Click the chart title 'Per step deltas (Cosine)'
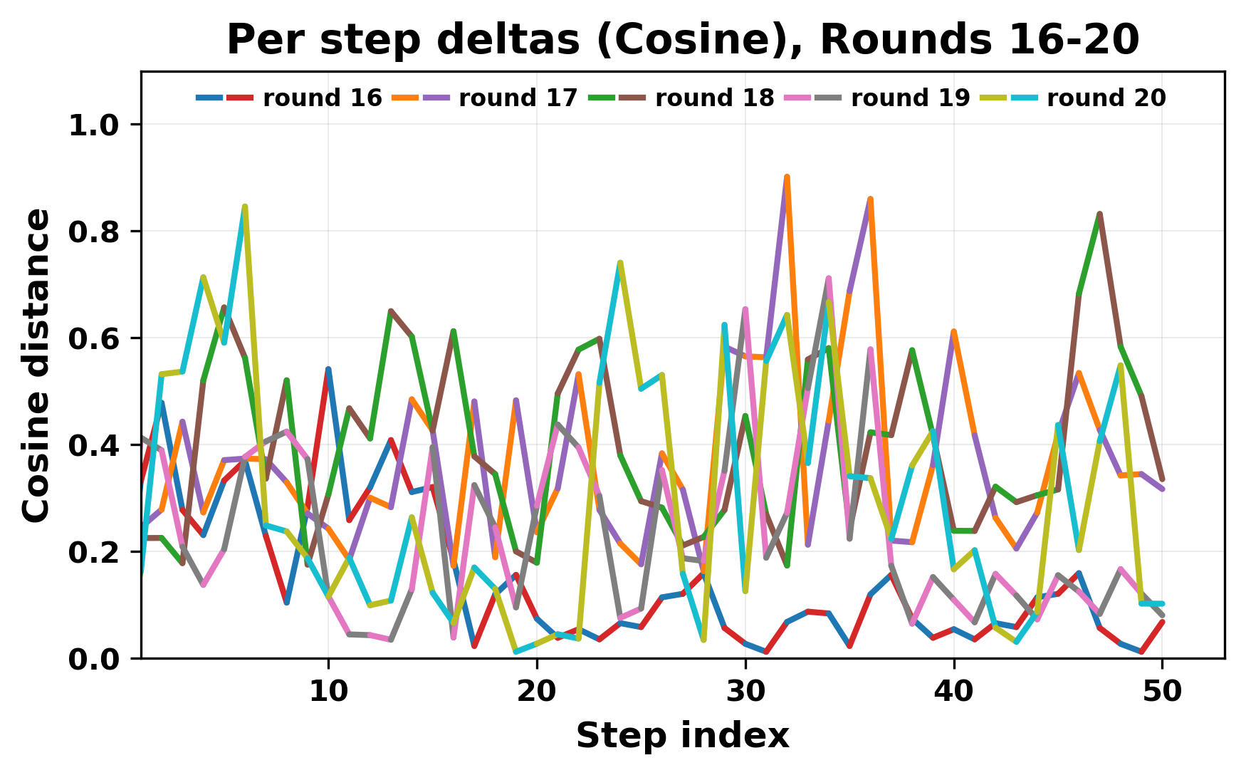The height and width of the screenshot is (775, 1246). coord(682,40)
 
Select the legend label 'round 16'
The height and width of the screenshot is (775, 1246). coord(322,98)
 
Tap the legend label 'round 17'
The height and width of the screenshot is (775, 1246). coord(518,98)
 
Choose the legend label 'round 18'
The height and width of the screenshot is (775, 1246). coord(714,98)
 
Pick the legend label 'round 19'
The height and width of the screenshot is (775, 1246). coord(910,98)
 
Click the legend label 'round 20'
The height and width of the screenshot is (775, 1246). coord(1106,98)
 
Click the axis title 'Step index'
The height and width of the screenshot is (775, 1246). coord(682,736)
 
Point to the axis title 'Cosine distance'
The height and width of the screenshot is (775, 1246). coord(37,365)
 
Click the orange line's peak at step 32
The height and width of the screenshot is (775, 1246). coord(787,177)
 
